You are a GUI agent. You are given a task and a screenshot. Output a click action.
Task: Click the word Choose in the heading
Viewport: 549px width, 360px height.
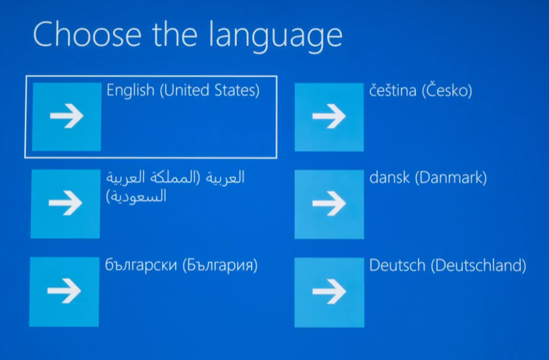click(x=87, y=34)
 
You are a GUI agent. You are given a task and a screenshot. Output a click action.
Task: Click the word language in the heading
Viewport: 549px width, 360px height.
click(x=275, y=36)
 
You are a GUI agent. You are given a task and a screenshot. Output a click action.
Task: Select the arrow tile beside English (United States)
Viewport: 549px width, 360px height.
click(x=67, y=117)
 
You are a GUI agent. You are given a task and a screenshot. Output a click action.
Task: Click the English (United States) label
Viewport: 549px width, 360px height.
click(x=183, y=90)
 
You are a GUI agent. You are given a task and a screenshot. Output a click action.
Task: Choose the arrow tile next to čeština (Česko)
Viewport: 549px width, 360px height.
click(x=329, y=117)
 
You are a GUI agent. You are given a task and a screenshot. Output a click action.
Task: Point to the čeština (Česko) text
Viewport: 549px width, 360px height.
click(x=420, y=90)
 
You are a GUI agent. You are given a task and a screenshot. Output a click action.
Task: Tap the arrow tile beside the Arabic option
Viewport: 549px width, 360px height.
click(x=65, y=204)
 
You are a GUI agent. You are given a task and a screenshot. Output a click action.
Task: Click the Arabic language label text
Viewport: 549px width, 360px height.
click(x=175, y=186)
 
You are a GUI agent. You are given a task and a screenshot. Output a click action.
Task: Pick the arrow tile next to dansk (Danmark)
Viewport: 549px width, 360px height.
click(x=329, y=205)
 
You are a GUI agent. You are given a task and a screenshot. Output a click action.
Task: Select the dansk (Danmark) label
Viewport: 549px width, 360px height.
click(x=428, y=178)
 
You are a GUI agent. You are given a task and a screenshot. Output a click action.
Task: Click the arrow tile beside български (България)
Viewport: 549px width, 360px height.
click(x=64, y=292)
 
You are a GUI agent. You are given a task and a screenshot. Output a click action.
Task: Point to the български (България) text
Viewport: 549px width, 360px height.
click(x=181, y=265)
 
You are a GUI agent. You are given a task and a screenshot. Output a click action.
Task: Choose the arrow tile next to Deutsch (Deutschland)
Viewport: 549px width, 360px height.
click(x=329, y=292)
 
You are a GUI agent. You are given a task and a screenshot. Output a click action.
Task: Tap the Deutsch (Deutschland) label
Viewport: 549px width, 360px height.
click(x=448, y=266)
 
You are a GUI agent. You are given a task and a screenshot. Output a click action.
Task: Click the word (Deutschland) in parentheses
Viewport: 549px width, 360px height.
click(x=478, y=266)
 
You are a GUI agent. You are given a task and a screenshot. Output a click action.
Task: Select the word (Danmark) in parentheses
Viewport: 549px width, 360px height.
click(x=451, y=178)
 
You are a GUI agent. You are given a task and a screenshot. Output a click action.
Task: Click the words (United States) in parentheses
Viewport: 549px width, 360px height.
click(x=210, y=90)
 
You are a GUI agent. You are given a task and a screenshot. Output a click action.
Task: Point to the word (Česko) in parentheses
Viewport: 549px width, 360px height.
click(x=447, y=90)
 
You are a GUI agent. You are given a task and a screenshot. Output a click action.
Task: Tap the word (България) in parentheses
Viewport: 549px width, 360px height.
click(x=220, y=265)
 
